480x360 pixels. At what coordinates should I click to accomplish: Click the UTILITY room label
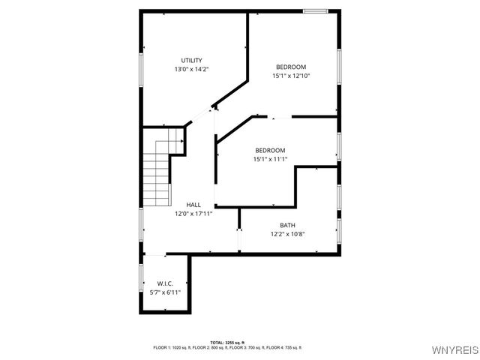191,61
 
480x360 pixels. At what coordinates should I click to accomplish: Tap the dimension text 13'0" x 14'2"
191,69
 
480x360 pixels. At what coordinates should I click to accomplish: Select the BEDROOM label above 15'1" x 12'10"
290,67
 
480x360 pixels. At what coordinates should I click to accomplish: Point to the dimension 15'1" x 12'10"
290,75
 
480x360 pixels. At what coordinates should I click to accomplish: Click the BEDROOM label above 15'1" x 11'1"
269,150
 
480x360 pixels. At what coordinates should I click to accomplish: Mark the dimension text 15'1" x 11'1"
269,158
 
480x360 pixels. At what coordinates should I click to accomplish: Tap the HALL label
193,205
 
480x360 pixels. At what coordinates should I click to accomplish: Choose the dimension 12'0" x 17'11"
193,213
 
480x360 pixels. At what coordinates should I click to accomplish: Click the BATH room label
287,225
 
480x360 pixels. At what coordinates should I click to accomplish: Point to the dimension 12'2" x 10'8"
287,233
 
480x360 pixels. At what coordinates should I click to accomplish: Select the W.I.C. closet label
165,283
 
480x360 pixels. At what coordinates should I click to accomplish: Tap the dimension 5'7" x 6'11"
165,292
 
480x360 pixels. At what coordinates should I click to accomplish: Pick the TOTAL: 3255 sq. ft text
227,342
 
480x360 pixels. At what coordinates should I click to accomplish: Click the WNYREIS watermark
456,350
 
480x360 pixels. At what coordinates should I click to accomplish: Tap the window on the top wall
315,10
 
